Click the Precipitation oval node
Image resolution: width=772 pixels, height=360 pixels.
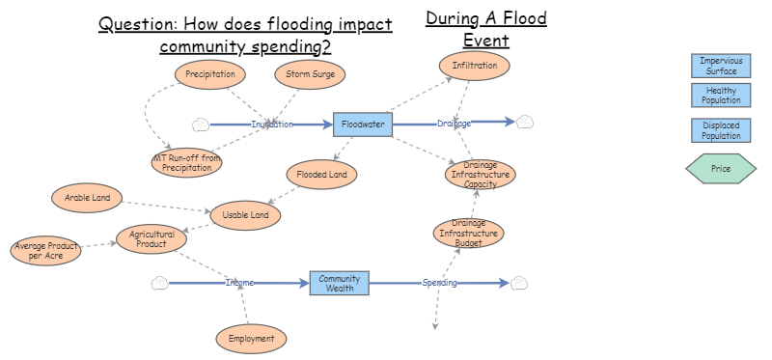pyautogui.click(x=210, y=74)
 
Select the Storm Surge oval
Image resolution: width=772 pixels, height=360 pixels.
pyautogui.click(x=310, y=74)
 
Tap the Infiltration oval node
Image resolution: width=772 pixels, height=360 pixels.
pyautogui.click(x=474, y=67)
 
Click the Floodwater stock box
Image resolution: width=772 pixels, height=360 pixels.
pyautogui.click(x=363, y=124)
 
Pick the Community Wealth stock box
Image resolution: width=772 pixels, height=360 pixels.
pyautogui.click(x=339, y=283)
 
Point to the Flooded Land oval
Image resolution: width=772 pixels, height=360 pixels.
pyautogui.click(x=322, y=175)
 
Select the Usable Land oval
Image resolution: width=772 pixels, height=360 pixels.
pyautogui.click(x=245, y=215)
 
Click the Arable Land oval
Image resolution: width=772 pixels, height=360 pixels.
pyautogui.click(x=87, y=199)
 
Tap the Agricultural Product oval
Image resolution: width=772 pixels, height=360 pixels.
pyautogui.click(x=151, y=238)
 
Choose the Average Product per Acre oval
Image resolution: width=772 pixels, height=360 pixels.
pyautogui.click(x=46, y=251)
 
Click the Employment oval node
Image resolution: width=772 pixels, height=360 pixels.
pyautogui.click(x=251, y=339)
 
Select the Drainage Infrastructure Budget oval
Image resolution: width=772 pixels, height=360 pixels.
pyautogui.click(x=468, y=233)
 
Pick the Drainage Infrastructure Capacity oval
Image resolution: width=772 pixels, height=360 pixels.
pyautogui.click(x=481, y=174)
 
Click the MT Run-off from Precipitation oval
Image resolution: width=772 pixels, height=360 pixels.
pyautogui.click(x=187, y=162)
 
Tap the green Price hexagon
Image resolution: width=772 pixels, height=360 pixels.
pyautogui.click(x=721, y=168)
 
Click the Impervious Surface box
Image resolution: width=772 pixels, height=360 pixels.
pyautogui.click(x=721, y=66)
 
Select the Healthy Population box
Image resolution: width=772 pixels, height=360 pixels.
pyautogui.click(x=721, y=95)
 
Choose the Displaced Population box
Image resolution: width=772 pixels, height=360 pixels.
pyautogui.click(x=721, y=130)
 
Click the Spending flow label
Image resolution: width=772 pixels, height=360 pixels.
pyautogui.click(x=439, y=283)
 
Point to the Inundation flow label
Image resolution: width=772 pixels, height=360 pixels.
pyautogui.click(x=272, y=125)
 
